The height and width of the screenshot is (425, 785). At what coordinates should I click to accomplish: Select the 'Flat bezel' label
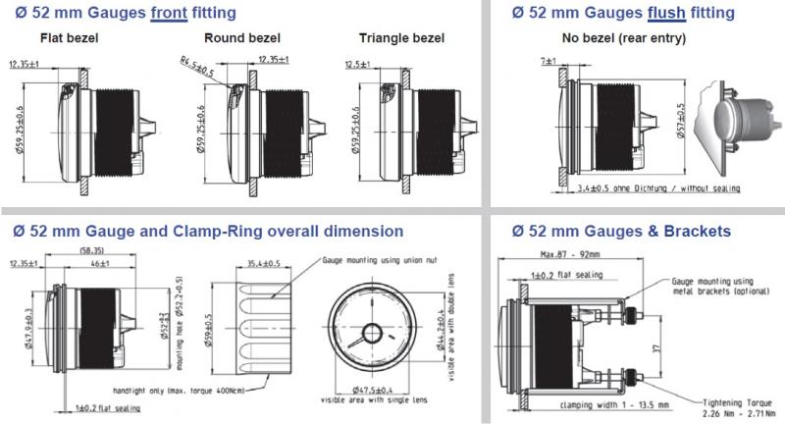point(69,39)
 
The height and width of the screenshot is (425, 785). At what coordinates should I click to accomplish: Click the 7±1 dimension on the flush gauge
point(546,61)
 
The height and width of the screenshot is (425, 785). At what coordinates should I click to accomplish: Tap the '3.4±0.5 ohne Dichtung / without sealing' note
point(658,187)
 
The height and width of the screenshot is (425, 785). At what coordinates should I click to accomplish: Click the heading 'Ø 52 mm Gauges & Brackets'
point(620,233)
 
